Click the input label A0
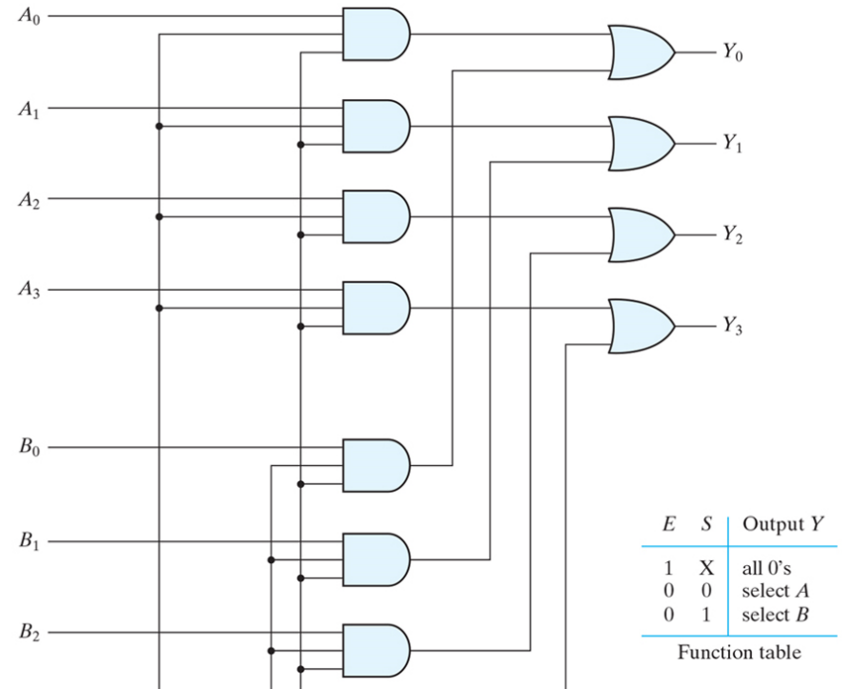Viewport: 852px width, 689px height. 29,18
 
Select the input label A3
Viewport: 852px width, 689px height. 29,291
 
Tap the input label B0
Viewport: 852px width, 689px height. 29,448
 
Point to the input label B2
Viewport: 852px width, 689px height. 29,633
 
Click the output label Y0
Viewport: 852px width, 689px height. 731,53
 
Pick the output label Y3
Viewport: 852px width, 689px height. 731,327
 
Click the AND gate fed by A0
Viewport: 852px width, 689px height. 375,34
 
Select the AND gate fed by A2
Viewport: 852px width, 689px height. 375,216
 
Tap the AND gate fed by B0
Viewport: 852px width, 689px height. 375,465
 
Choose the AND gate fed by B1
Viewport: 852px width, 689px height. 375,559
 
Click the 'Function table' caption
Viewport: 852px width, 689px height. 740,653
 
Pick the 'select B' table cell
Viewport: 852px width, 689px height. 775,614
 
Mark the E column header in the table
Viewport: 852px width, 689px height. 670,525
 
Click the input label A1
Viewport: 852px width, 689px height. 29,110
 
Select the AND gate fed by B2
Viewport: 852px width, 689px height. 375,650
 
